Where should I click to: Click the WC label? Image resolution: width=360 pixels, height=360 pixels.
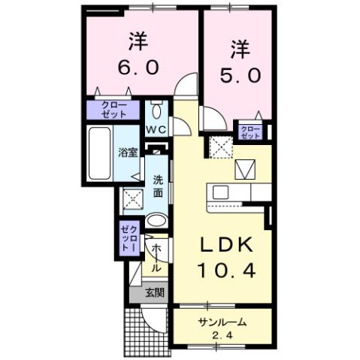pyautogui.click(x=156, y=129)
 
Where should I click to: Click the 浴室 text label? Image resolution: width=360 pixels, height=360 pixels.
pyautogui.click(x=127, y=153)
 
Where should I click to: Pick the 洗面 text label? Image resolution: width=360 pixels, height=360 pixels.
pyautogui.click(x=159, y=186)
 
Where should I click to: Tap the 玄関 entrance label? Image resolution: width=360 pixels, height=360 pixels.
pyautogui.click(x=155, y=292)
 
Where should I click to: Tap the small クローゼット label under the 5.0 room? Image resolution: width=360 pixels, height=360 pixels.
pyautogui.click(x=250, y=132)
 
